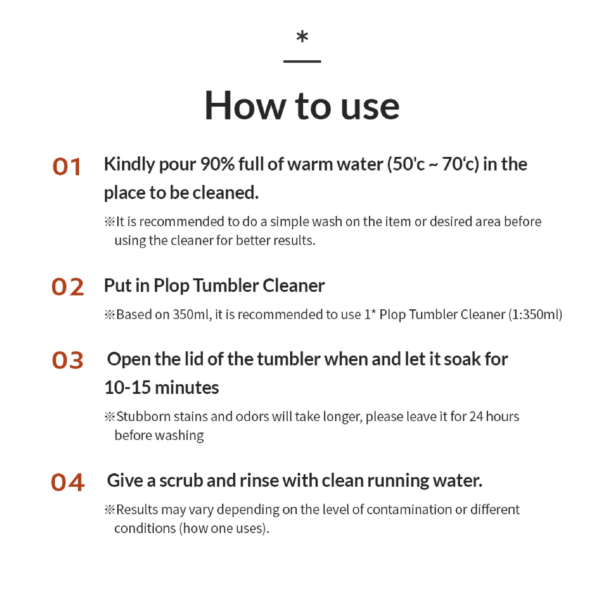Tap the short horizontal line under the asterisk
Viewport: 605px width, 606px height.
[302, 61]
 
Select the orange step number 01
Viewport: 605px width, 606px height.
[67, 166]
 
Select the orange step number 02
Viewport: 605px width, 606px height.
[67, 287]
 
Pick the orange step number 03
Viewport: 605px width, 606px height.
[67, 360]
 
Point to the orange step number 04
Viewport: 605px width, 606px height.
[67, 482]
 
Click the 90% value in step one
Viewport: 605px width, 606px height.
[217, 164]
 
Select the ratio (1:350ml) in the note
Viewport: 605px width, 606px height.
[535, 314]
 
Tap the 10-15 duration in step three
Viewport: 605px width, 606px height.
[128, 387]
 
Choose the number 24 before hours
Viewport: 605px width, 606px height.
[476, 417]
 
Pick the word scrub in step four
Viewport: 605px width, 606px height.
[181, 481]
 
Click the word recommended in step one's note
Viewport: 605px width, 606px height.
[182, 222]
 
